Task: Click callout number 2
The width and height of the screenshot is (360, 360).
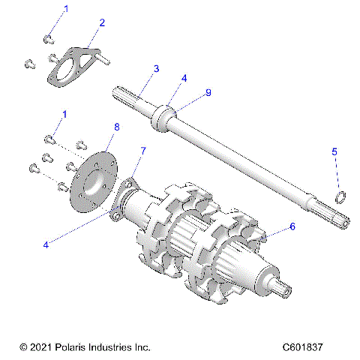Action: pos(102,22)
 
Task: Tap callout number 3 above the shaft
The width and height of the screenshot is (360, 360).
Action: pos(156,69)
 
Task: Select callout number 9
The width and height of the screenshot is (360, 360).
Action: pos(208,92)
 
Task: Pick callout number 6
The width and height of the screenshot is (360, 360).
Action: pos(292,226)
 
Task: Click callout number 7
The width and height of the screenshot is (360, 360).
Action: pos(143,151)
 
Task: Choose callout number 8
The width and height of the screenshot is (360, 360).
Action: pos(116,127)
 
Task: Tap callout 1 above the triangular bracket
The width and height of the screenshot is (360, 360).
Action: pos(64,9)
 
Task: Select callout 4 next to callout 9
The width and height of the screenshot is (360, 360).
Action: pos(184,78)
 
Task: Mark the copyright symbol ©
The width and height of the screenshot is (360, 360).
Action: pos(23,347)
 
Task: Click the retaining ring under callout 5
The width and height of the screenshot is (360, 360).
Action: pos(339,196)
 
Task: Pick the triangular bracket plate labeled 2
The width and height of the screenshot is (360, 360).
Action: pos(74,66)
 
